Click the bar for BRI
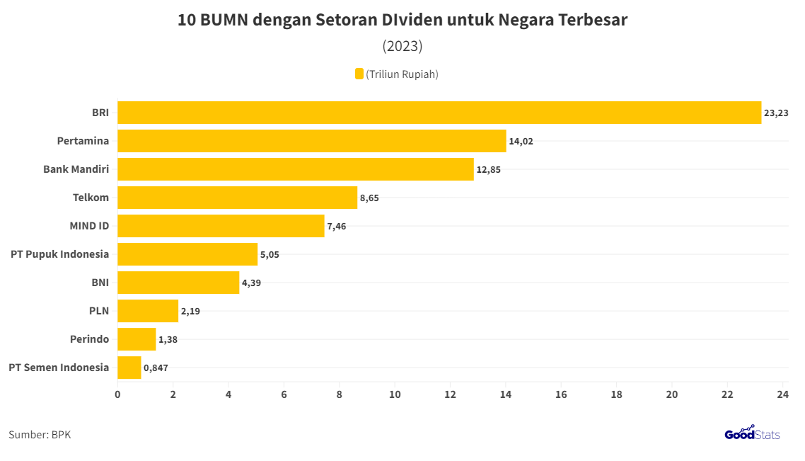(x=439, y=113)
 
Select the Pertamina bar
(x=311, y=141)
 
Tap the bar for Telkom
(x=237, y=198)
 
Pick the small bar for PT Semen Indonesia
(x=129, y=368)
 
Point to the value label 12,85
(x=488, y=169)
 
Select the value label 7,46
(x=337, y=226)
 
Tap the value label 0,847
(x=156, y=368)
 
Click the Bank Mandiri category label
(x=76, y=169)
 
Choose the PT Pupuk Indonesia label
(x=59, y=254)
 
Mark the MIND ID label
(x=89, y=226)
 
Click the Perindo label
(x=89, y=339)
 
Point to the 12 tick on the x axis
(x=450, y=394)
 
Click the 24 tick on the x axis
(x=782, y=394)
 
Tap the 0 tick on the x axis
(x=117, y=394)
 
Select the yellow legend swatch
(x=359, y=74)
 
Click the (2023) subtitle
(x=402, y=46)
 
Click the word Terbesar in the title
(x=593, y=20)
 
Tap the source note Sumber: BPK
(x=40, y=435)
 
